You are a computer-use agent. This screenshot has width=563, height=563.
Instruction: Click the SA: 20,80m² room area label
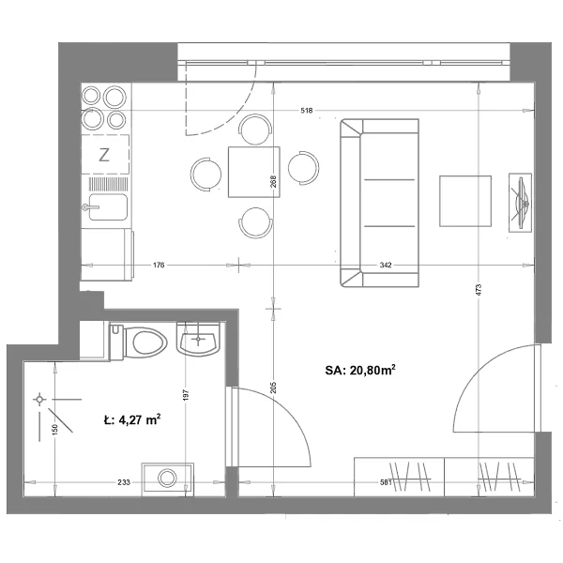pos(360,370)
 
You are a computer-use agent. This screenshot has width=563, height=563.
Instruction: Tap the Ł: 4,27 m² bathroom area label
pos(132,419)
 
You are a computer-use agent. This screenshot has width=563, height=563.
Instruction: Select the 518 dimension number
pos(307,111)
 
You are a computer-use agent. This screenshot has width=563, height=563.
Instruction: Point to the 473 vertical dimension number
pos(478,290)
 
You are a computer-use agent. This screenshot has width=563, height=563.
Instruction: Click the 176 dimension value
pos(159,265)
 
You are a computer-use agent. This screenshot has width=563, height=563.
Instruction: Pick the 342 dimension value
pos(386,265)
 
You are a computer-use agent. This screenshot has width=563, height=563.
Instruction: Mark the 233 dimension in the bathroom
pos(124,482)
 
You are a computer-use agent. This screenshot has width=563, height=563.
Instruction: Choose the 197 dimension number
pos(186,395)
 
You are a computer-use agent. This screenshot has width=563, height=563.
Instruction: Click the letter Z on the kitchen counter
pos(104,155)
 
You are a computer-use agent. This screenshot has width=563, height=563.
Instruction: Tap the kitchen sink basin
pos(108,207)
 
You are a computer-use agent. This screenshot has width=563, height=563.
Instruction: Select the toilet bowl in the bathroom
pos(145,342)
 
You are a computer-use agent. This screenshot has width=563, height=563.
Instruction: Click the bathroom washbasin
pos(198,340)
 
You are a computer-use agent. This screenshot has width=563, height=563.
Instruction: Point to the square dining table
pos(254,172)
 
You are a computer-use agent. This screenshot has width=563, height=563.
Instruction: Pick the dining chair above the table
pos(255,130)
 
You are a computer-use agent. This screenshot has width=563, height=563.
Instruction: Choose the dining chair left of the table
pos(206,175)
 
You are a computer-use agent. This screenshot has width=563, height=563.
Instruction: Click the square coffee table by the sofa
pos(465,201)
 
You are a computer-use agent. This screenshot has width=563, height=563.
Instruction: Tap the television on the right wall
pos(520,203)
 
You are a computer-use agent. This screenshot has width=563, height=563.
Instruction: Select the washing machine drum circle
pos(167,478)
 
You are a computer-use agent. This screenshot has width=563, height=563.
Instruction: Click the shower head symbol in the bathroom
pos(39,400)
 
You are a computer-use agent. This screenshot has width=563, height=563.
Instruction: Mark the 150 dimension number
pos(54,430)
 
